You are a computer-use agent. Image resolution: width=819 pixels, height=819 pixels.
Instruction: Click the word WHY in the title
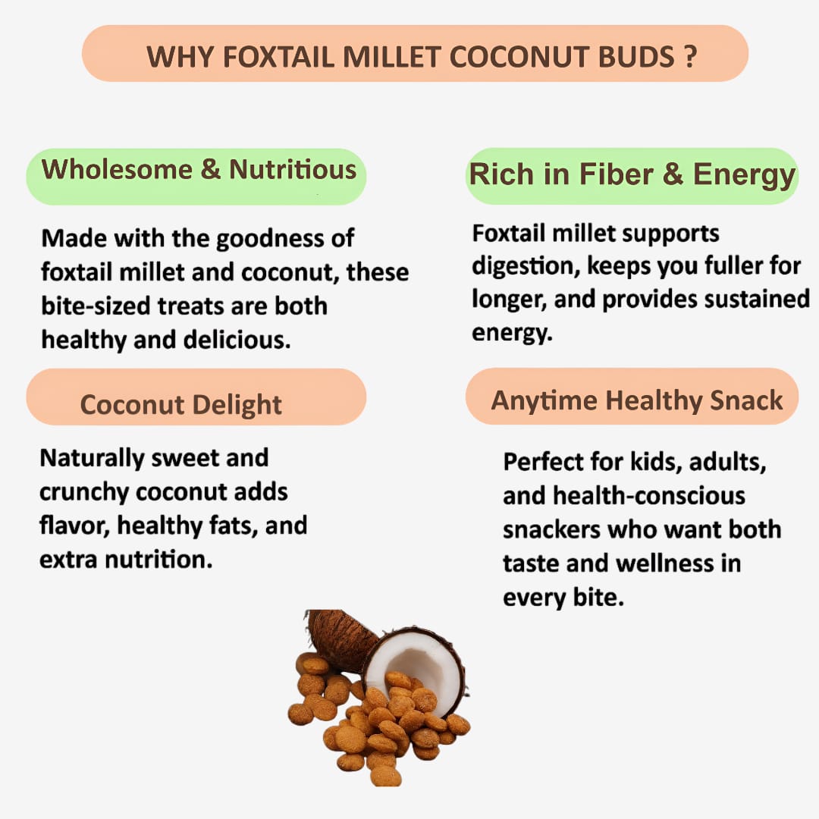(x=176, y=57)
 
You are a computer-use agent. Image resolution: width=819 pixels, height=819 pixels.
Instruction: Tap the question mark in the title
(x=689, y=57)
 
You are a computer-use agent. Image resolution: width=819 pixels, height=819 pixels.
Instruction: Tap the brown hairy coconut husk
(x=341, y=637)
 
